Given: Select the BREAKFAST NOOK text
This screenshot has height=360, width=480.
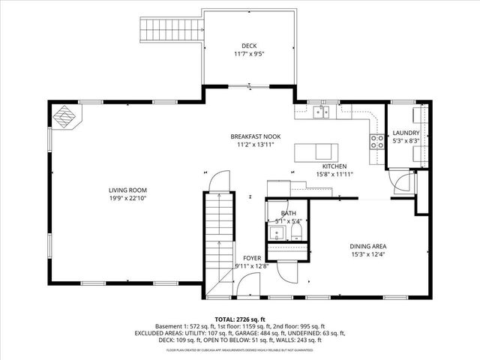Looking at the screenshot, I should pyautogui.click(x=255, y=136).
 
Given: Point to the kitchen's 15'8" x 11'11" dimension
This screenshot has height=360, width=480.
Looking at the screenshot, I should pyautogui.click(x=334, y=174).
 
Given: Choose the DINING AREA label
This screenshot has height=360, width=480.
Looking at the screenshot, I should pyautogui.click(x=368, y=246).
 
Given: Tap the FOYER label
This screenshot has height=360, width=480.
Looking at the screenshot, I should pyautogui.click(x=251, y=258).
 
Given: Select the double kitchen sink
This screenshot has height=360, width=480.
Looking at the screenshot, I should pyautogui.click(x=320, y=112).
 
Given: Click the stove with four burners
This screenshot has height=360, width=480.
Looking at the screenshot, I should pyautogui.click(x=374, y=140).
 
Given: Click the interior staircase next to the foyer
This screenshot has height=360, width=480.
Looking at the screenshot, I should pyautogui.click(x=217, y=240).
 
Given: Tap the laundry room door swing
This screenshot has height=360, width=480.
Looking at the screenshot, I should pyautogui.click(x=403, y=182).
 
